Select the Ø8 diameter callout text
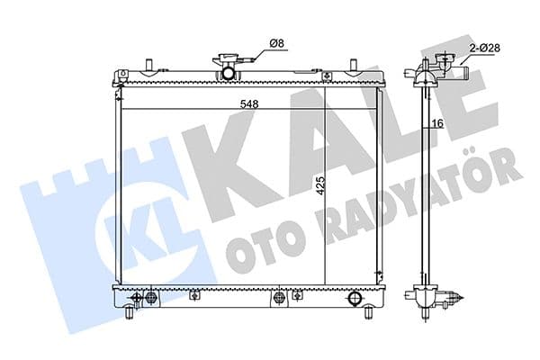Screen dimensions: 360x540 (x=277, y=42)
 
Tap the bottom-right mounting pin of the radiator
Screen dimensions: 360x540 (x=369, y=314)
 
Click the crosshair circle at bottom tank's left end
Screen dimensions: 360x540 (x=137, y=297)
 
